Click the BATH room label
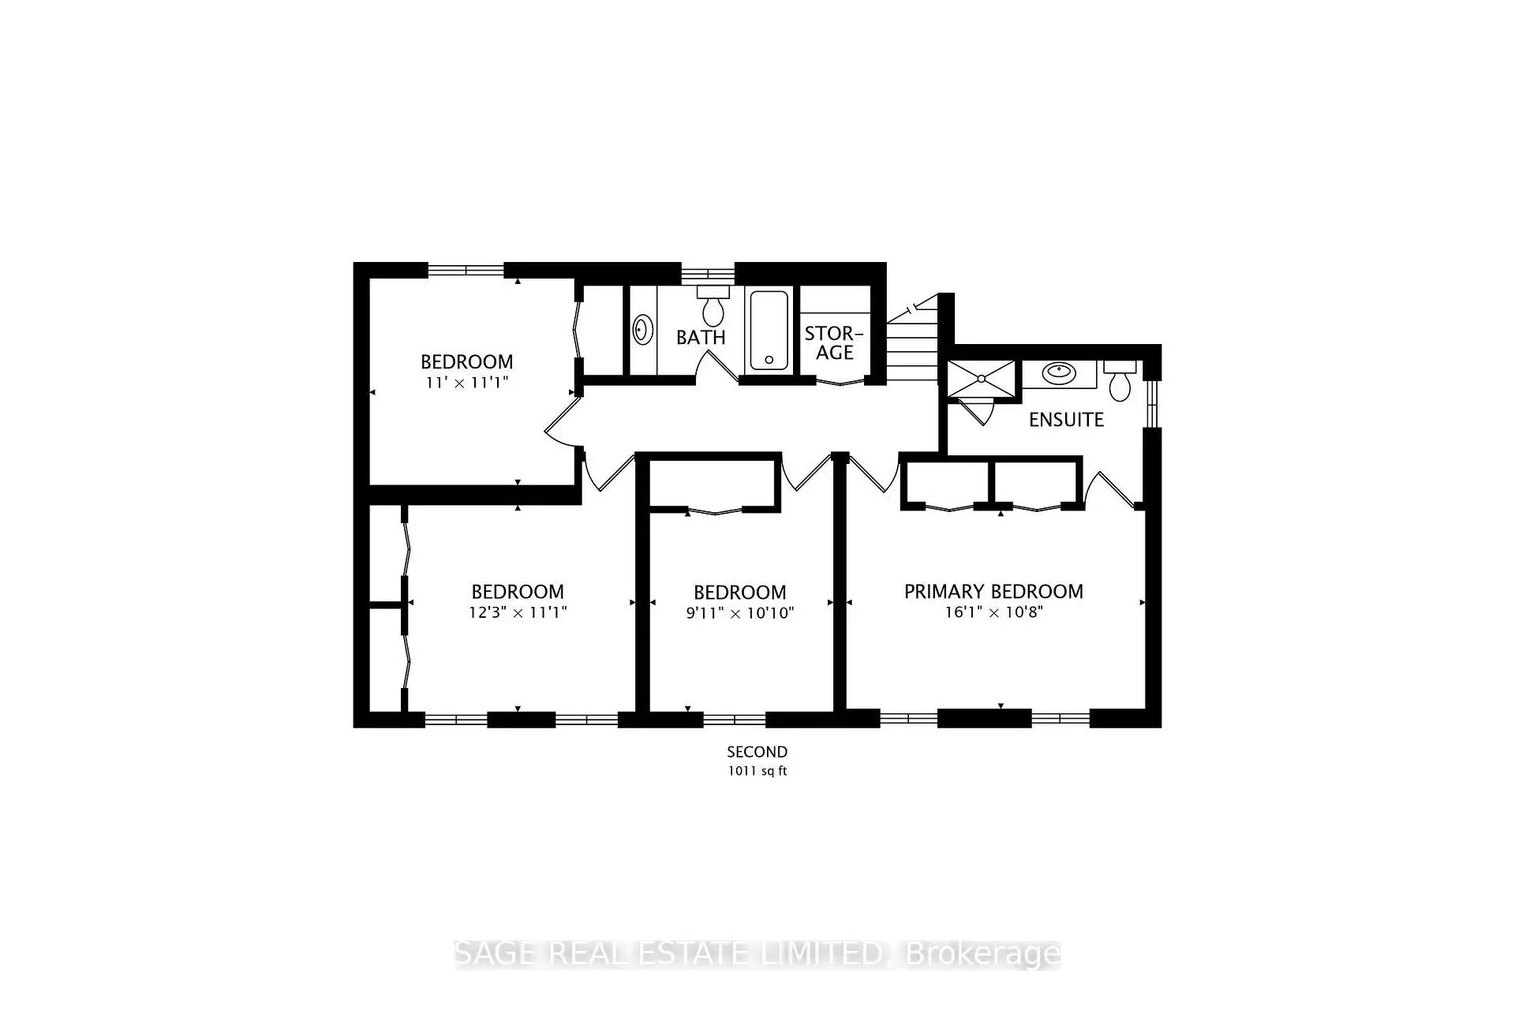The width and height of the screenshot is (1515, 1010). pos(701,337)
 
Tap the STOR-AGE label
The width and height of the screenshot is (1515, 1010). pos(834,343)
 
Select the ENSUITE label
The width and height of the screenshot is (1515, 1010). pos(1066,420)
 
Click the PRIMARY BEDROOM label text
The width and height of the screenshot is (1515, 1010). pos(993,592)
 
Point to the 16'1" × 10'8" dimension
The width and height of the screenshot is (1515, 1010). pos(994,612)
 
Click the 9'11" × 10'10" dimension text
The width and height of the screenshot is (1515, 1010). pos(740,613)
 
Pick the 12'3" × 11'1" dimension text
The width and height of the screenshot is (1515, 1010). pos(518,612)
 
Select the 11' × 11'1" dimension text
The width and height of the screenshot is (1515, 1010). pos(467,383)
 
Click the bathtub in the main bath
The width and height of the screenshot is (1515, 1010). pos(769,330)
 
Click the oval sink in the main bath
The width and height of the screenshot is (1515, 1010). pos(643,330)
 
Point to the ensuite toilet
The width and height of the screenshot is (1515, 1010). pos(1120,381)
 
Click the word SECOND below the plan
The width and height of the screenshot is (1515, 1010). pos(757,752)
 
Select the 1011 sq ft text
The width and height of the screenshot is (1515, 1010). pos(757,771)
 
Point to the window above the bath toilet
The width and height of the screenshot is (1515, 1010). pos(708,274)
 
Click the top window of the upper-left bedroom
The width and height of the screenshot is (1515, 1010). pos(466,270)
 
